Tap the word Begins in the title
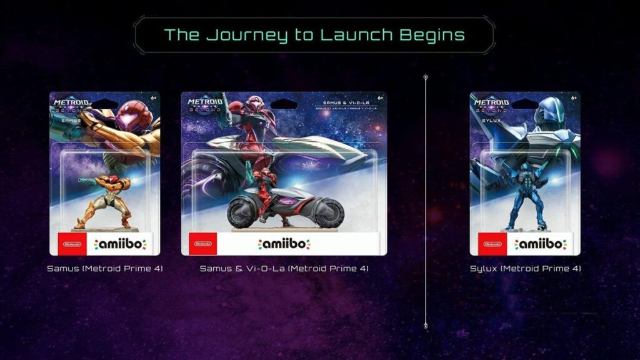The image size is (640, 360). (431, 34)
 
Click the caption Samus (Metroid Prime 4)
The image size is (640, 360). (104, 269)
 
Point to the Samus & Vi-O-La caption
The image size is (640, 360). (284, 269)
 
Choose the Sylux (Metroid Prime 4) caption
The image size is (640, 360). (525, 269)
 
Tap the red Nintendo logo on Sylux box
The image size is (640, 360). (489, 244)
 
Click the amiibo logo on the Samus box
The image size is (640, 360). (120, 244)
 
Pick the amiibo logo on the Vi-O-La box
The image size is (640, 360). (284, 244)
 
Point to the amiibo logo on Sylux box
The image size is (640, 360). (541, 244)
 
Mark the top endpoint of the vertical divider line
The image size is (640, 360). (426, 77)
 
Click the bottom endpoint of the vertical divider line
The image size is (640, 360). (426, 326)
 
